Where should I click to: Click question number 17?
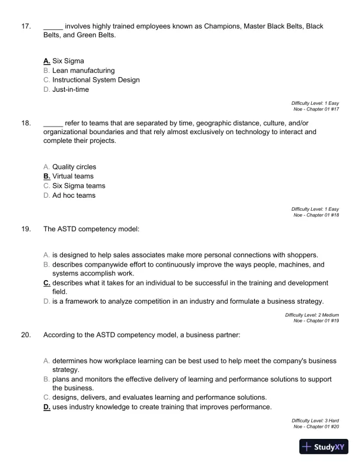pyautogui.click(x=25, y=26)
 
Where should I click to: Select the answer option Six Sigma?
pyautogui.click(x=68, y=61)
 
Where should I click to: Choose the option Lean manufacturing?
pyautogui.click(x=83, y=71)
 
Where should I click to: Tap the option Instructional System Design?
pyautogui.click(x=96, y=80)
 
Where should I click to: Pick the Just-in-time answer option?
pyautogui.click(x=71, y=89)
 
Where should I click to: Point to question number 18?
pyautogui.click(x=25, y=123)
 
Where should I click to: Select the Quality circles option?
pyautogui.click(x=74, y=167)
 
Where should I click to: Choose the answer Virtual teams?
pyautogui.click(x=72, y=177)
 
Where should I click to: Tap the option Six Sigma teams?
pyautogui.click(x=79, y=186)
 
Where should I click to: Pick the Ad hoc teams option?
pyautogui.click(x=74, y=195)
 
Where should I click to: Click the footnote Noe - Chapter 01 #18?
pyautogui.click(x=316, y=215)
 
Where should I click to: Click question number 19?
pyautogui.click(x=25, y=229)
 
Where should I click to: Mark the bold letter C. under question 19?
pyautogui.click(x=46, y=283)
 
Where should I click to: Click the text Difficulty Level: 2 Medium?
pyautogui.click(x=312, y=315)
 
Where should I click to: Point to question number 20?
pyautogui.click(x=25, y=335)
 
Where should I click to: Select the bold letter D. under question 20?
pyautogui.click(x=46, y=407)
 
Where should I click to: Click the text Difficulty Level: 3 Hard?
pyautogui.click(x=315, y=421)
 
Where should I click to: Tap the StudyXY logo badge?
pyautogui.click(x=324, y=447)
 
